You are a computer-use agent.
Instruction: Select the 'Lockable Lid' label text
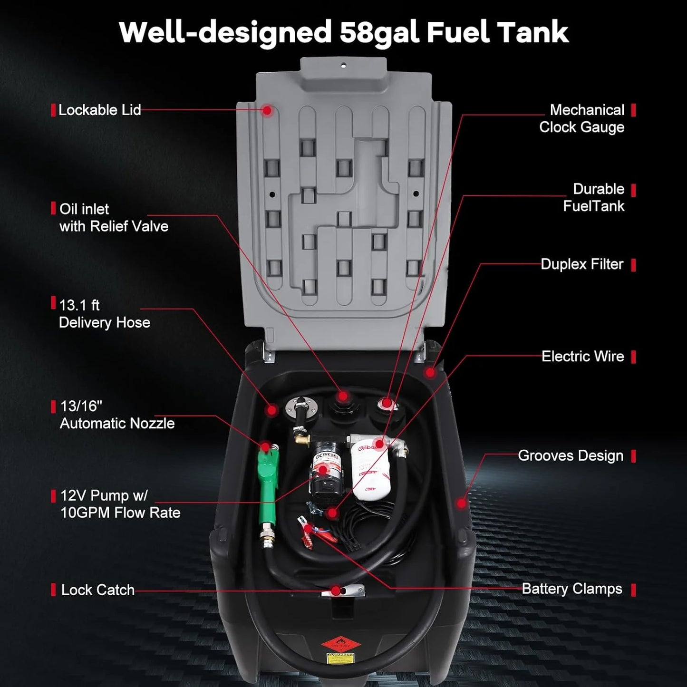click(99, 110)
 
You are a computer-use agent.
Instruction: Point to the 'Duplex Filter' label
click(581, 264)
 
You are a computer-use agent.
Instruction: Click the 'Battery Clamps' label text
click(571, 589)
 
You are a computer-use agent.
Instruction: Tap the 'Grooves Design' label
click(570, 455)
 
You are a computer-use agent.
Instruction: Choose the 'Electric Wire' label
click(582, 357)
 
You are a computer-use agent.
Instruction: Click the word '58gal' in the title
click(379, 32)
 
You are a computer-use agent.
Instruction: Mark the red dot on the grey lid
click(268, 110)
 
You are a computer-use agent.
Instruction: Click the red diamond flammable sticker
click(338, 645)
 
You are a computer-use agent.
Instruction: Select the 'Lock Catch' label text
click(97, 590)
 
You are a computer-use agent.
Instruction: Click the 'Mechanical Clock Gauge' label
click(581, 118)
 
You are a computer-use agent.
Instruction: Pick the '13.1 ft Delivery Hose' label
click(104, 314)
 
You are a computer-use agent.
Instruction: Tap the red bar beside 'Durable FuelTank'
click(633, 191)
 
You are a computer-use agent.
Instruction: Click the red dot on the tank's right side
click(461, 503)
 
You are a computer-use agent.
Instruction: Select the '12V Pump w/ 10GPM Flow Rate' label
click(120, 504)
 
